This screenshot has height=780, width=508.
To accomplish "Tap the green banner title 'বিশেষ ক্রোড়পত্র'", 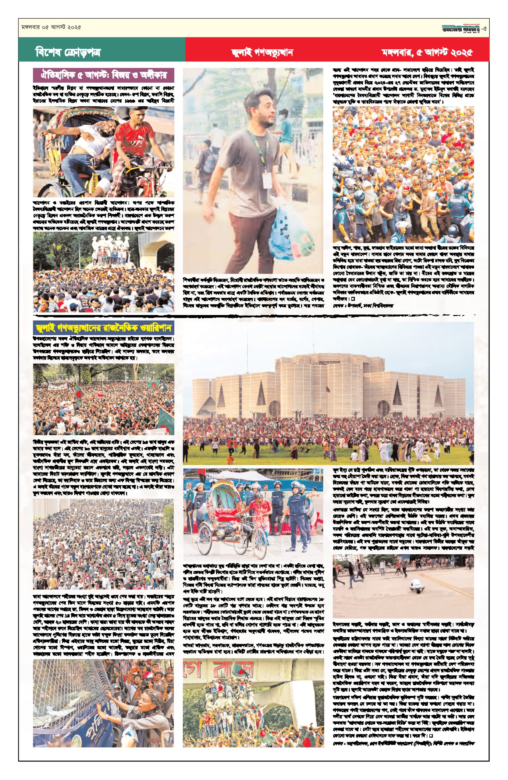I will [68, 52].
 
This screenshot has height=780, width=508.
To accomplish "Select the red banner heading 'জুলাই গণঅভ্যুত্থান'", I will [262, 52].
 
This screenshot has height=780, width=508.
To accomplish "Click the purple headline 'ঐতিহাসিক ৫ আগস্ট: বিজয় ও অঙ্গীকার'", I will [104, 75].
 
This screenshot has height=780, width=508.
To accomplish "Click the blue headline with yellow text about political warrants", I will [104, 328].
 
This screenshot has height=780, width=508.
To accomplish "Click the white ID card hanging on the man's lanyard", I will [267, 180].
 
